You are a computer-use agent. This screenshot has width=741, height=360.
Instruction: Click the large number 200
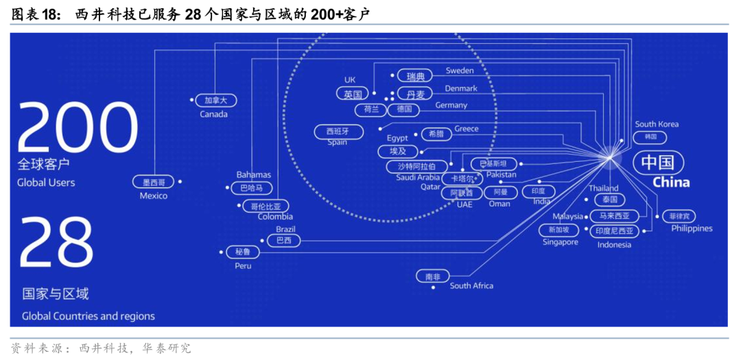click(78, 130)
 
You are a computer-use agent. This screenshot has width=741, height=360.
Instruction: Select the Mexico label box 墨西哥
click(154, 182)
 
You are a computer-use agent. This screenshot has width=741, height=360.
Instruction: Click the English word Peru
click(243, 265)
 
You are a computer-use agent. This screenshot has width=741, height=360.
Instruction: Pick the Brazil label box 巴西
click(283, 241)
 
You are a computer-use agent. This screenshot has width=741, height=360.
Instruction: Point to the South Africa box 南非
click(433, 277)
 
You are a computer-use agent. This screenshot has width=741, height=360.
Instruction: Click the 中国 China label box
click(658, 163)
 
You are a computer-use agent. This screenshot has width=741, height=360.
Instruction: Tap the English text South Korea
click(657, 124)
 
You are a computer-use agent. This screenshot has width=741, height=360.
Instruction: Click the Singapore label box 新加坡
click(558, 230)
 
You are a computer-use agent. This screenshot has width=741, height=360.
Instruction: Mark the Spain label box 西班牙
click(337, 131)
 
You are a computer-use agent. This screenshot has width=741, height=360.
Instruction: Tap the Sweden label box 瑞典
click(416, 76)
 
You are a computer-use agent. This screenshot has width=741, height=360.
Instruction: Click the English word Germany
click(451, 106)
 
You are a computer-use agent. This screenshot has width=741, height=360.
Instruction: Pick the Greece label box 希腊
click(436, 134)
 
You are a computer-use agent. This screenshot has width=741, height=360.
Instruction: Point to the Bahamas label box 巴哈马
click(252, 188)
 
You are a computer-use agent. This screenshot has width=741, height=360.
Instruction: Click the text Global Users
click(46, 182)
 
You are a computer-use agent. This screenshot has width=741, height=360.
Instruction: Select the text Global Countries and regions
click(89, 316)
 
